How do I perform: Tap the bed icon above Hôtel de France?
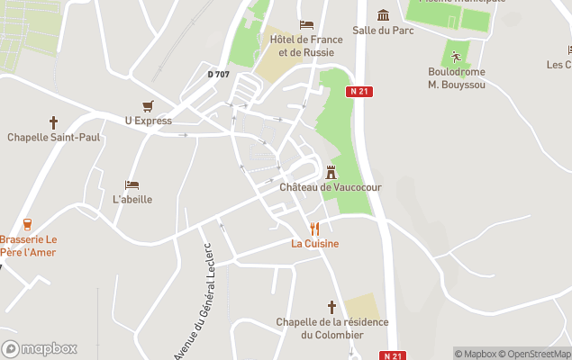click(x=306, y=24)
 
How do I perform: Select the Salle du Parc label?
click(x=384, y=30)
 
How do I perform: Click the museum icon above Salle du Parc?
click(x=384, y=14)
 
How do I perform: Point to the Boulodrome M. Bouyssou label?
click(x=456, y=77)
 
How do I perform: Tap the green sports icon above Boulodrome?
click(x=456, y=57)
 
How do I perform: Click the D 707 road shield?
click(x=219, y=74)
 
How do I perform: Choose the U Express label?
click(x=148, y=121)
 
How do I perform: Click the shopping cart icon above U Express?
click(x=148, y=105)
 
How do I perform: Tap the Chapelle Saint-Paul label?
click(x=53, y=138)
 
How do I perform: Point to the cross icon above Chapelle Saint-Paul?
click(x=53, y=121)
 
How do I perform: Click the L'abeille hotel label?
click(x=132, y=200)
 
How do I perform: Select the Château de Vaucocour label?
click(x=331, y=187)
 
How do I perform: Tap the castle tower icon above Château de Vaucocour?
click(x=331, y=171)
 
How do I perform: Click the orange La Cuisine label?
click(x=314, y=244)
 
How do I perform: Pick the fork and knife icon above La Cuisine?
click(x=314, y=229)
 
